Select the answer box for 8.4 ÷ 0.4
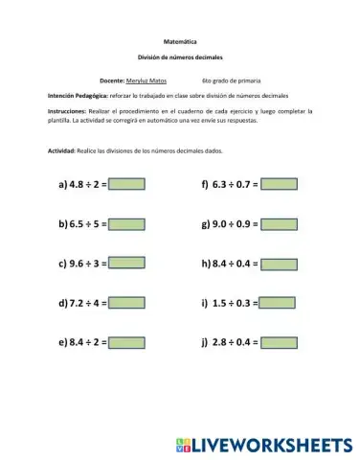click(x=280, y=264)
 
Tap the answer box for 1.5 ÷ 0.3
click(x=278, y=303)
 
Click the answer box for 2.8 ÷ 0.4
click(x=280, y=342)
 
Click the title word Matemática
click(x=180, y=43)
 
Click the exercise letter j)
click(x=205, y=342)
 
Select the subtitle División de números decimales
click(x=180, y=57)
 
